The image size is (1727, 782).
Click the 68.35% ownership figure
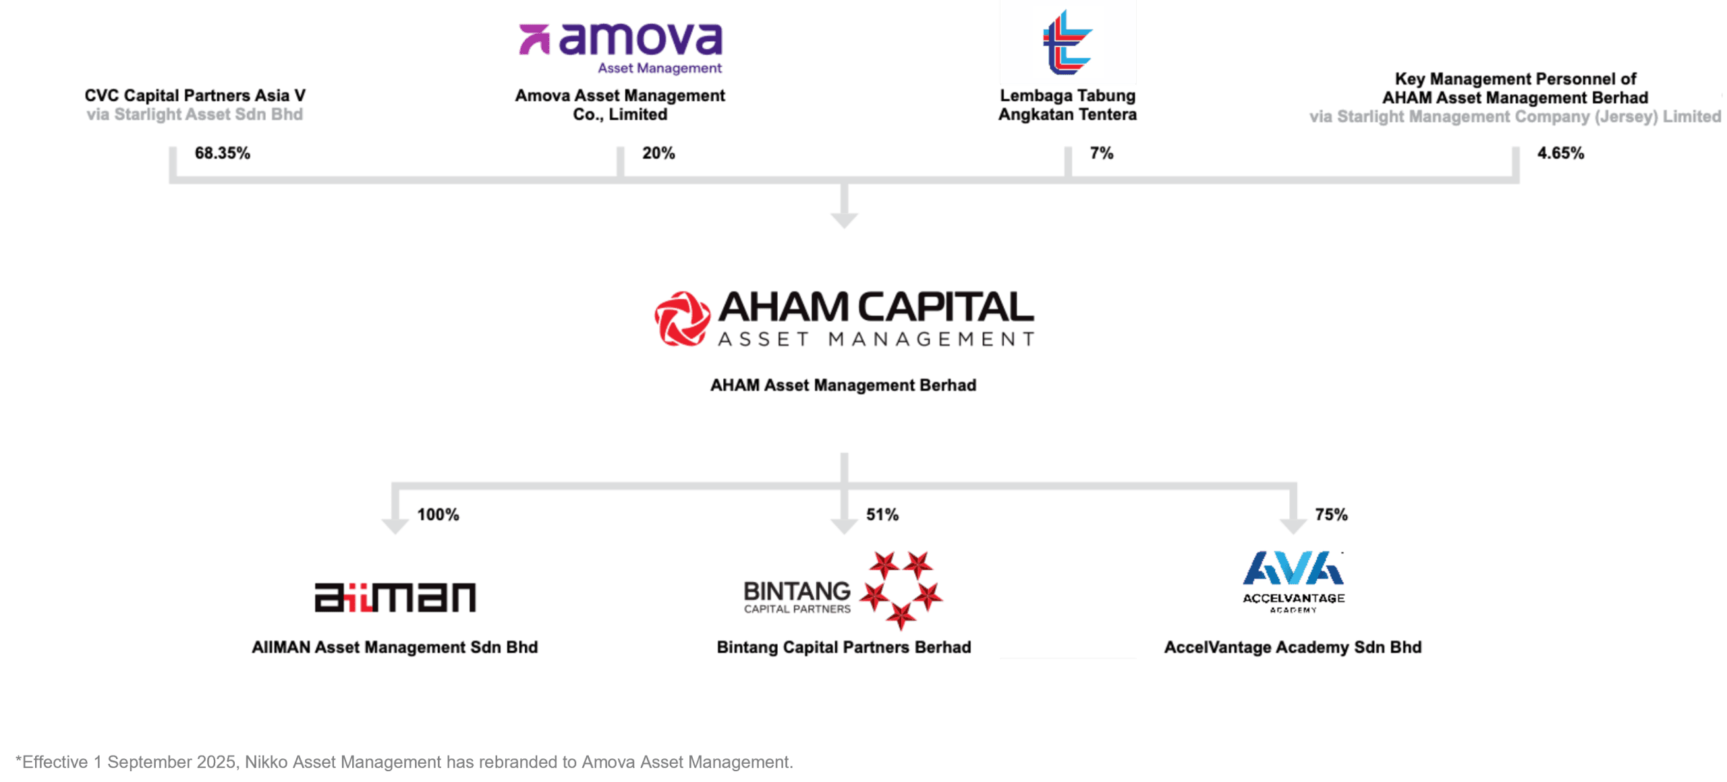(222, 153)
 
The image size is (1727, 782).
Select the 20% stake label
(658, 153)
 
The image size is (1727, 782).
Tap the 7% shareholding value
(1102, 153)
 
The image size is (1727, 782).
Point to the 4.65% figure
(1560, 153)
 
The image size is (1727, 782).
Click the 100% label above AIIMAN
(438, 515)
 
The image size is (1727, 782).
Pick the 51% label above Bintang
(882, 515)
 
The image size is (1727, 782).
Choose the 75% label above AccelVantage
(1331, 515)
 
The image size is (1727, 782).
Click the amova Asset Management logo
(621, 48)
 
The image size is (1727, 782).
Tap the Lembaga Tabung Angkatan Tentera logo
(1067, 42)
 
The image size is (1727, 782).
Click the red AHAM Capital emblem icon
(682, 318)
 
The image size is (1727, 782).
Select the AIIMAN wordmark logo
(395, 597)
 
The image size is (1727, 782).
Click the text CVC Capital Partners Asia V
(195, 96)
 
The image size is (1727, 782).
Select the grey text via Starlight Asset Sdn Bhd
(195, 115)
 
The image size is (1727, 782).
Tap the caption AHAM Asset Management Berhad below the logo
(843, 385)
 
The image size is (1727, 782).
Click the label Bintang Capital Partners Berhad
(844, 647)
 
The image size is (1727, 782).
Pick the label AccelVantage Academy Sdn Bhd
(1293, 647)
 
